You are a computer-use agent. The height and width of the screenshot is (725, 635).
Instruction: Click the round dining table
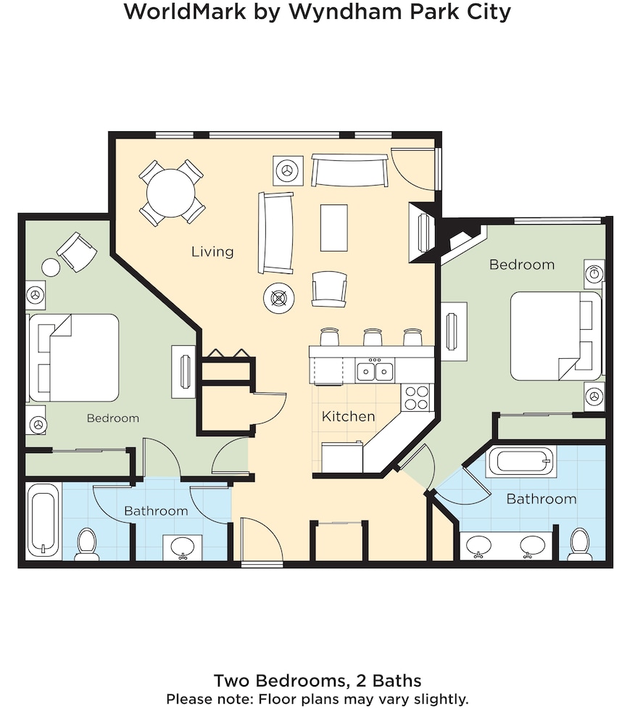pos(171,193)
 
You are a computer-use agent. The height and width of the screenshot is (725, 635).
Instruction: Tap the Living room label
pos(212,252)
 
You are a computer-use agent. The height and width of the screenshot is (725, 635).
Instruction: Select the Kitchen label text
pos(348,416)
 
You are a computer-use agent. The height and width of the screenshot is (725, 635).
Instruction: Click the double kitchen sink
pos(375,370)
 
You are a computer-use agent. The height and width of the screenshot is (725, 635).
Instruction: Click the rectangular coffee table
pos(333,228)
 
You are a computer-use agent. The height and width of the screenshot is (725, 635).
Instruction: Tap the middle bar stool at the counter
pos(373,337)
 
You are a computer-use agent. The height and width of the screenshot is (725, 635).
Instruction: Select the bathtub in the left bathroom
pos(44,520)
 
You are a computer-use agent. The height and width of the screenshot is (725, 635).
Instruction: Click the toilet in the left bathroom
pos(86,544)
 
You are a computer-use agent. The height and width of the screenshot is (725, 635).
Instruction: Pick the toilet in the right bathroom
pos(579,544)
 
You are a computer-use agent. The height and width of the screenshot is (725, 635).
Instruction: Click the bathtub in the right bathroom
pos(521,462)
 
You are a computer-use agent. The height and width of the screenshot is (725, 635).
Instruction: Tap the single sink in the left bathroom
pos(183,547)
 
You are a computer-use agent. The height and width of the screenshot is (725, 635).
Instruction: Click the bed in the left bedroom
pos(74,357)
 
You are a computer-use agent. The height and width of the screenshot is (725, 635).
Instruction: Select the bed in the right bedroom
pos(556,336)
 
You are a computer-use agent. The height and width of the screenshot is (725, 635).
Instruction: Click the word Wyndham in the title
pos(346,12)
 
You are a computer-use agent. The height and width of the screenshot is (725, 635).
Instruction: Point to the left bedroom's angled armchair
pos(77,252)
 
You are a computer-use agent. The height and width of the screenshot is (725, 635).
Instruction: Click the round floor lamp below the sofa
pos(278,298)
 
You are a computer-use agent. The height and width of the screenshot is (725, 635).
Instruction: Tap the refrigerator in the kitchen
pos(342,457)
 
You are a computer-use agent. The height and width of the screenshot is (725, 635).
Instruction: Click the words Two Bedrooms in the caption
pos(280,681)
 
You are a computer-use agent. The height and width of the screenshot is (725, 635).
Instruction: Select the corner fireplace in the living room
pos(421,233)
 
